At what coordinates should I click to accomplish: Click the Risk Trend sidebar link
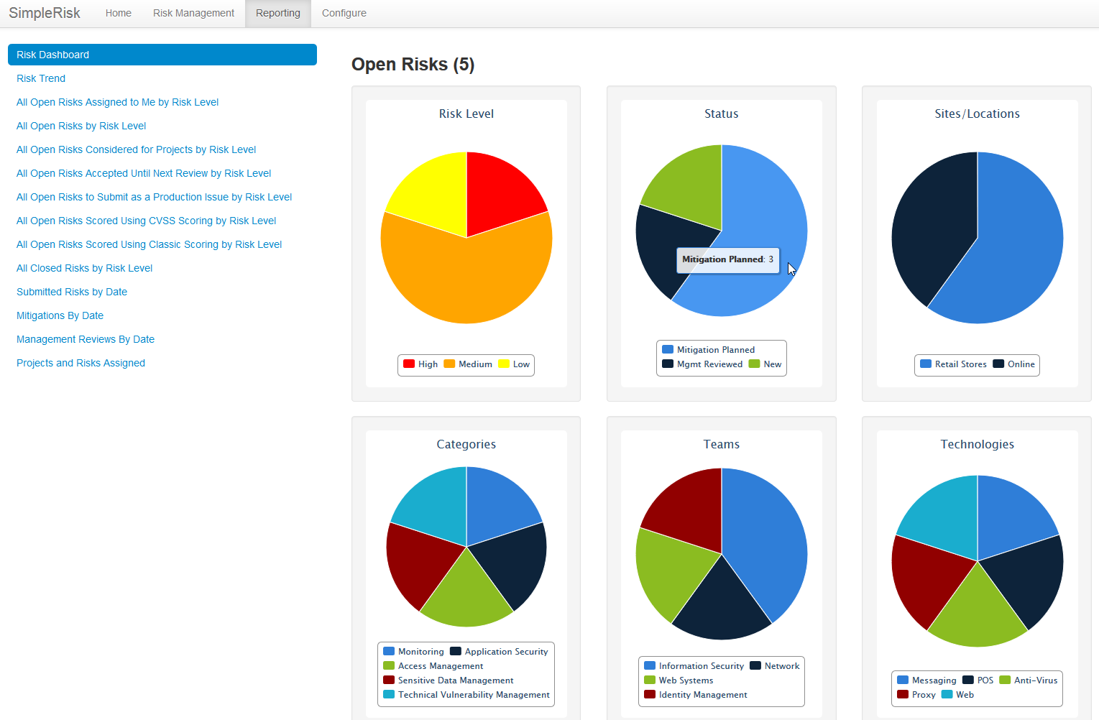point(41,78)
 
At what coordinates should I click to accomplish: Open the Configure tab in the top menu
point(344,13)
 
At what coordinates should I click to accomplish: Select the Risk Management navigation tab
point(193,13)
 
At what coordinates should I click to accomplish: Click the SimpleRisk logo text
point(44,13)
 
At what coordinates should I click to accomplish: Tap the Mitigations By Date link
point(60,315)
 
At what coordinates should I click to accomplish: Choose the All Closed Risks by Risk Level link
point(84,268)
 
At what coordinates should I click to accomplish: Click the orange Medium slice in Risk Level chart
point(466,280)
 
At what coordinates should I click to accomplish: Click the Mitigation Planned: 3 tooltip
point(727,259)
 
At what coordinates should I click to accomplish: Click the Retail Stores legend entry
point(953,364)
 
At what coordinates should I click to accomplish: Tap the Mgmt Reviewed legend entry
point(702,364)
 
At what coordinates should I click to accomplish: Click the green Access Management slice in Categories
point(466,596)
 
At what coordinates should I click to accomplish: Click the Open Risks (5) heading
point(413,64)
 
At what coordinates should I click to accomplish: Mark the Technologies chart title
point(977,444)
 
